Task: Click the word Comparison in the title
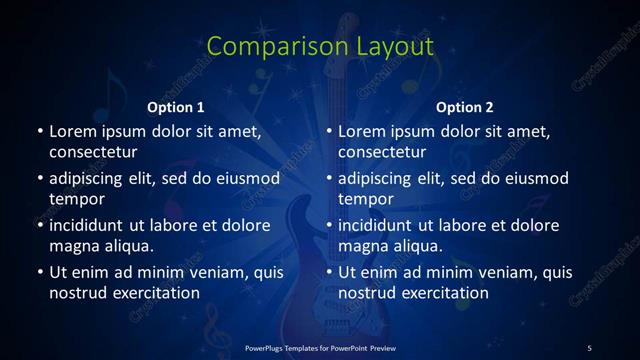[267, 47]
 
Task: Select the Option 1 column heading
[176, 106]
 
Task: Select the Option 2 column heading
[465, 106]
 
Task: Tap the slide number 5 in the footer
[589, 347]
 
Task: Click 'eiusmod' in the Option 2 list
[536, 179]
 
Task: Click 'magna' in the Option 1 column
[75, 245]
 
